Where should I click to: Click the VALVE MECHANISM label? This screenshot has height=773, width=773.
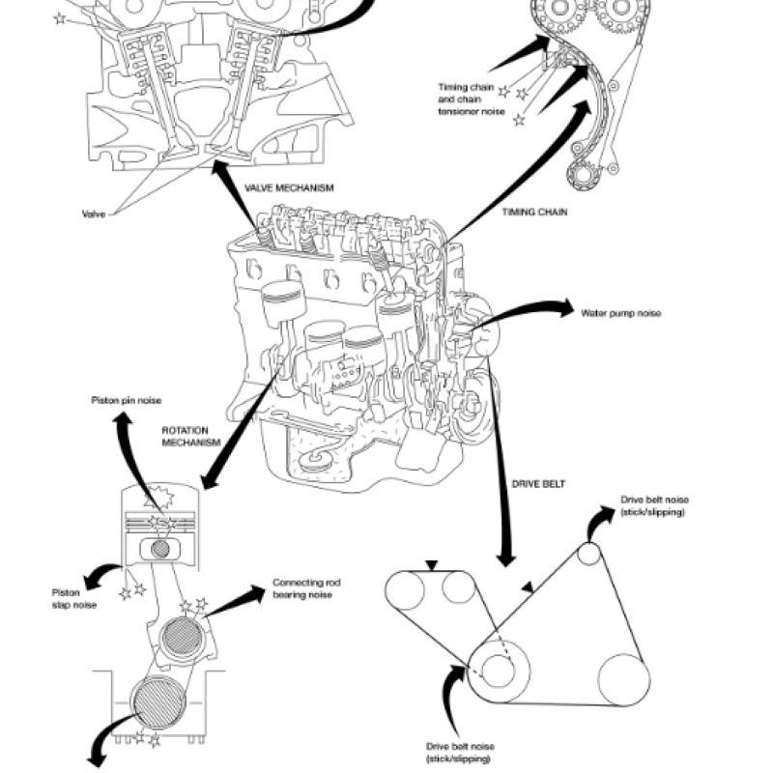coord(288,188)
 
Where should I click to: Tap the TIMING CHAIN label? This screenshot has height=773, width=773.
coord(533,211)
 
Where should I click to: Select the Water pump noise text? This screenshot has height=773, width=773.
coord(620,313)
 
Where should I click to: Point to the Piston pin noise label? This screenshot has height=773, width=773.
coord(127,399)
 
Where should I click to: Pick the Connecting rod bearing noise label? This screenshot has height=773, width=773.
coord(306,588)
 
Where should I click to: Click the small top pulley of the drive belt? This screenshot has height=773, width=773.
coord(588,555)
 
